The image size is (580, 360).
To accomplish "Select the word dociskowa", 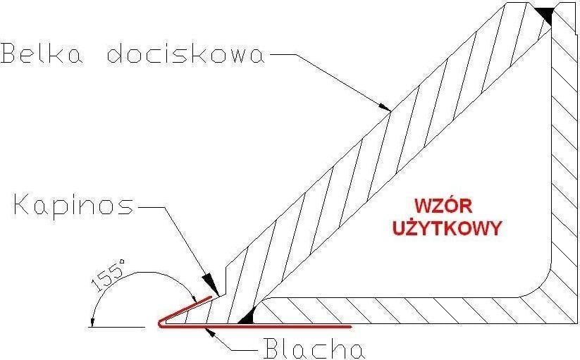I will click(x=187, y=54).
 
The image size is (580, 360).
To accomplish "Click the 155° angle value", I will click(x=111, y=277).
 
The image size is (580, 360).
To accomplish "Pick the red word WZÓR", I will click(x=441, y=206).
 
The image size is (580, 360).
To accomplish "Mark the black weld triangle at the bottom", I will click(x=246, y=319).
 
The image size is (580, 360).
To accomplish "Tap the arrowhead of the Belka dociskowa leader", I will click(x=385, y=108).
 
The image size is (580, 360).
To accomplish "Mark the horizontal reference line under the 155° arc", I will click(x=120, y=327).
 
